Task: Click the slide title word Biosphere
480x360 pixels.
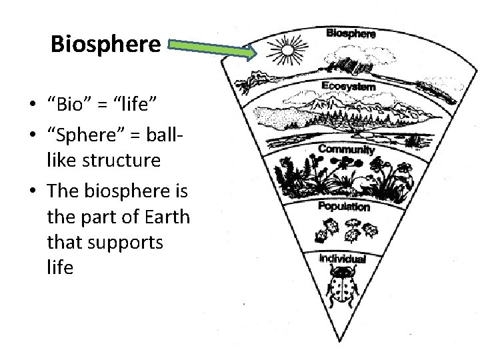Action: [106, 44]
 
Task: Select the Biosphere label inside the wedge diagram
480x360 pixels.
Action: [351, 33]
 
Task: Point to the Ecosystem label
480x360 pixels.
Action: [348, 86]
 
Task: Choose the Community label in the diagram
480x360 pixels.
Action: [346, 149]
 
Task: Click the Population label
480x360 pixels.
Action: [343, 207]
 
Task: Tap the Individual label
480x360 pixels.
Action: [342, 258]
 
